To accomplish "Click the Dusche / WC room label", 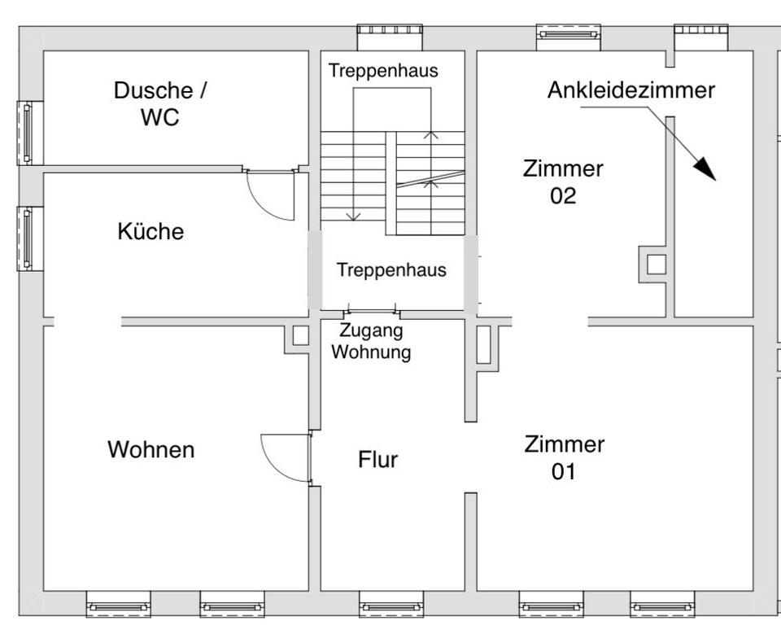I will click(159, 103).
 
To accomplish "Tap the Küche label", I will click(151, 232).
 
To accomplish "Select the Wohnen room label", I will click(151, 449).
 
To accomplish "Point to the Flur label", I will click(378, 460).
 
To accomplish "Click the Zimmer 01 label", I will click(564, 457).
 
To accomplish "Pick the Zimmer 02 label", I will click(563, 182).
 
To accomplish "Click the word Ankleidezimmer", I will click(630, 90).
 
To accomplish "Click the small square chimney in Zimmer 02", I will click(656, 264).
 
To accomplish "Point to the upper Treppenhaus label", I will click(383, 71).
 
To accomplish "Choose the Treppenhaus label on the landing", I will click(391, 270).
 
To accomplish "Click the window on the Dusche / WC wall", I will click(29, 133).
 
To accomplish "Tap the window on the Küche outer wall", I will click(29, 238).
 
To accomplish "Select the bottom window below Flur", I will click(390, 607).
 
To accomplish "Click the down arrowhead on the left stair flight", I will click(353, 216).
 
